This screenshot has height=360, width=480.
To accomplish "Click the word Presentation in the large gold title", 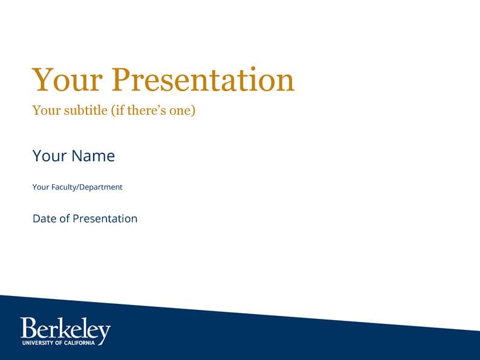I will pos(204,80).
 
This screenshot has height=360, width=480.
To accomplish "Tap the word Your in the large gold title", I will pos(67,80).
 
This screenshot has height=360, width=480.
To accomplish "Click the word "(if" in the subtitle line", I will pos(117,111).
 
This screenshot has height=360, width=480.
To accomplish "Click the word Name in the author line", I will pos(93,156).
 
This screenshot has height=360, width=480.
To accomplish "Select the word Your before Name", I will pos(50,156).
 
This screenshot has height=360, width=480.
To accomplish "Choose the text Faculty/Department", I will pos(86,187).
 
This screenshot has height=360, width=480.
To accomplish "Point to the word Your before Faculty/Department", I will pos(41,187).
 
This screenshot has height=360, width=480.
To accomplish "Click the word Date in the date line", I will pos(44,219).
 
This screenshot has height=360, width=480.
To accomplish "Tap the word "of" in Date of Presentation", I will pos(64,219).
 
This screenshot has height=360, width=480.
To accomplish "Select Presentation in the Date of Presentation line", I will pos(105,219).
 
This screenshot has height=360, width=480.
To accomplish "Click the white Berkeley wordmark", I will pos(65,329).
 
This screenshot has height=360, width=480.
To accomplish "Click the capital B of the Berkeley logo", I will pos(28,328).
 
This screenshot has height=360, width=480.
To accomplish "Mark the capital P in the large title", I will pos(123,80).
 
